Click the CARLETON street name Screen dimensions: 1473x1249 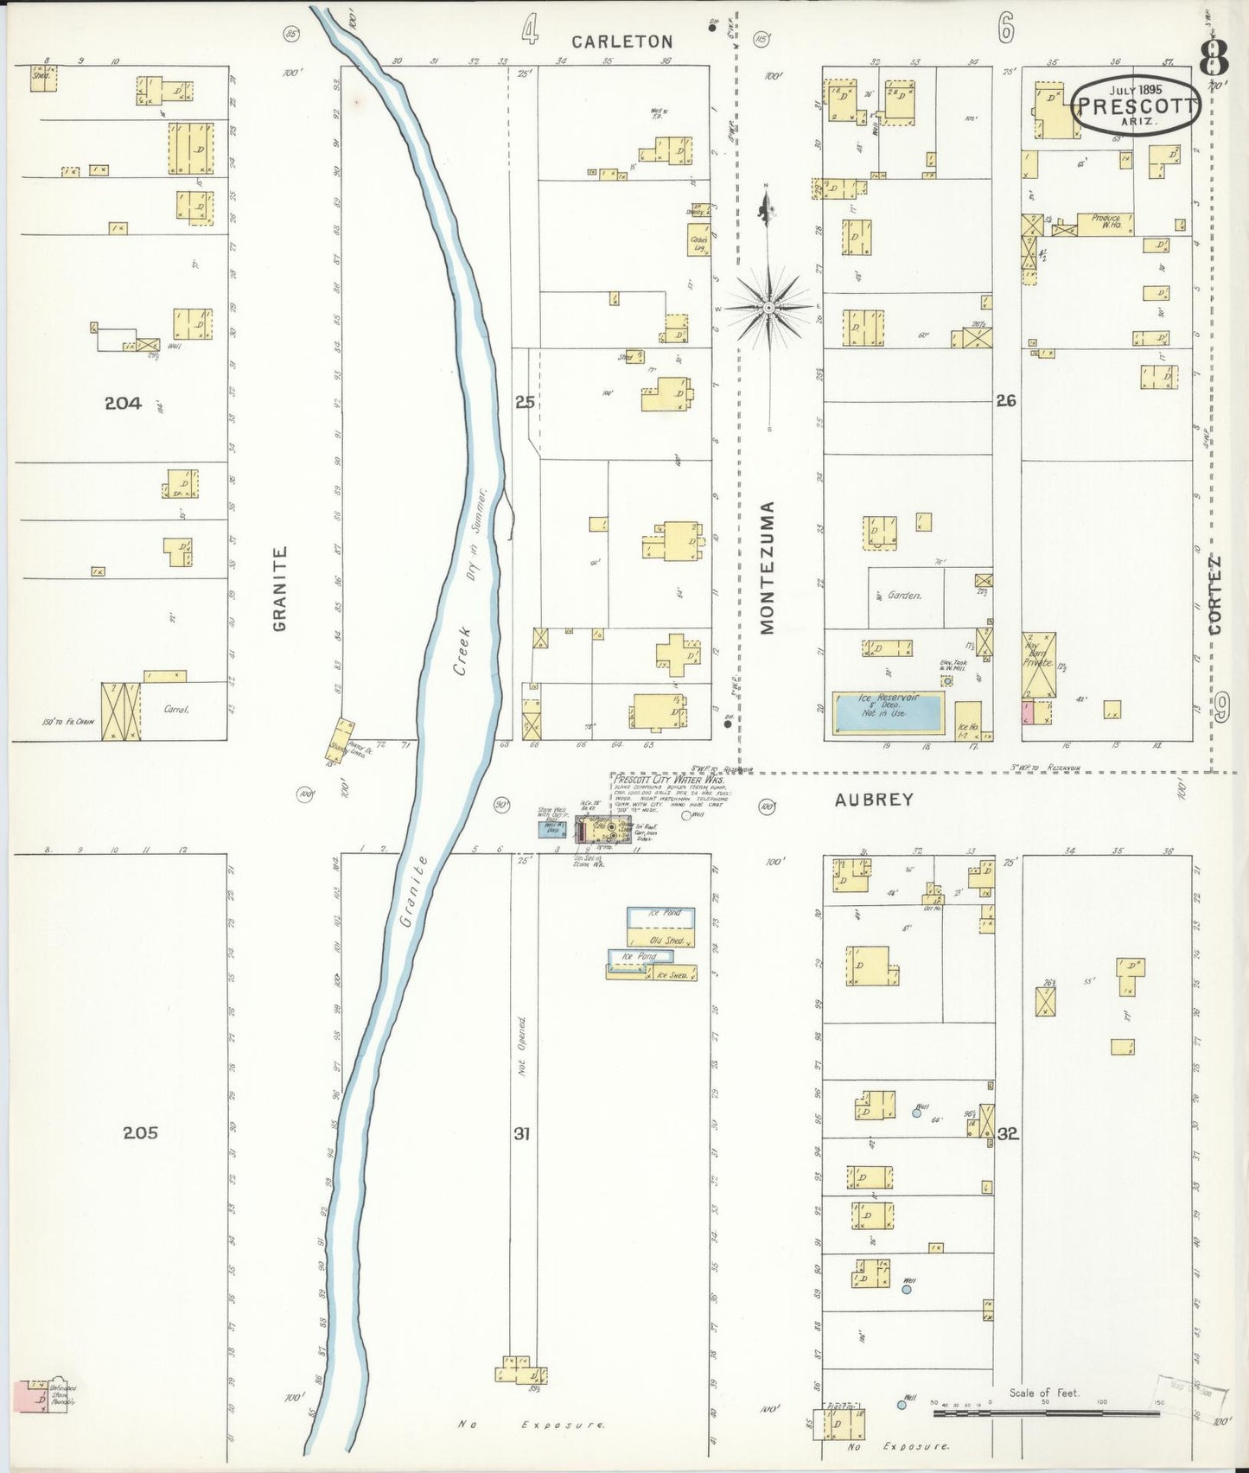point(621,41)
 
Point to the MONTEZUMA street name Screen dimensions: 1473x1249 point(768,568)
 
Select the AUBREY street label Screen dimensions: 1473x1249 point(874,800)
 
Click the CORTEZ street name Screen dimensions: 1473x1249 point(1215,596)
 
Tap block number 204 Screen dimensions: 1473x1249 point(123,403)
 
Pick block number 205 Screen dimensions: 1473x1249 point(140,1132)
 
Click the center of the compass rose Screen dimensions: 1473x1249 point(768,307)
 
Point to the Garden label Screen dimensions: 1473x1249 point(904,596)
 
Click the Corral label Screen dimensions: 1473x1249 point(176,710)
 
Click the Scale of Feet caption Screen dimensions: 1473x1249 point(1044,1393)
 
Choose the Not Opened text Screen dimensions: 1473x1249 point(521,1046)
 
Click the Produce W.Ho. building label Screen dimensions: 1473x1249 point(1106,222)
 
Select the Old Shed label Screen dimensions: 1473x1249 point(666,941)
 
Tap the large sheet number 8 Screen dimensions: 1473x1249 point(1214,59)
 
